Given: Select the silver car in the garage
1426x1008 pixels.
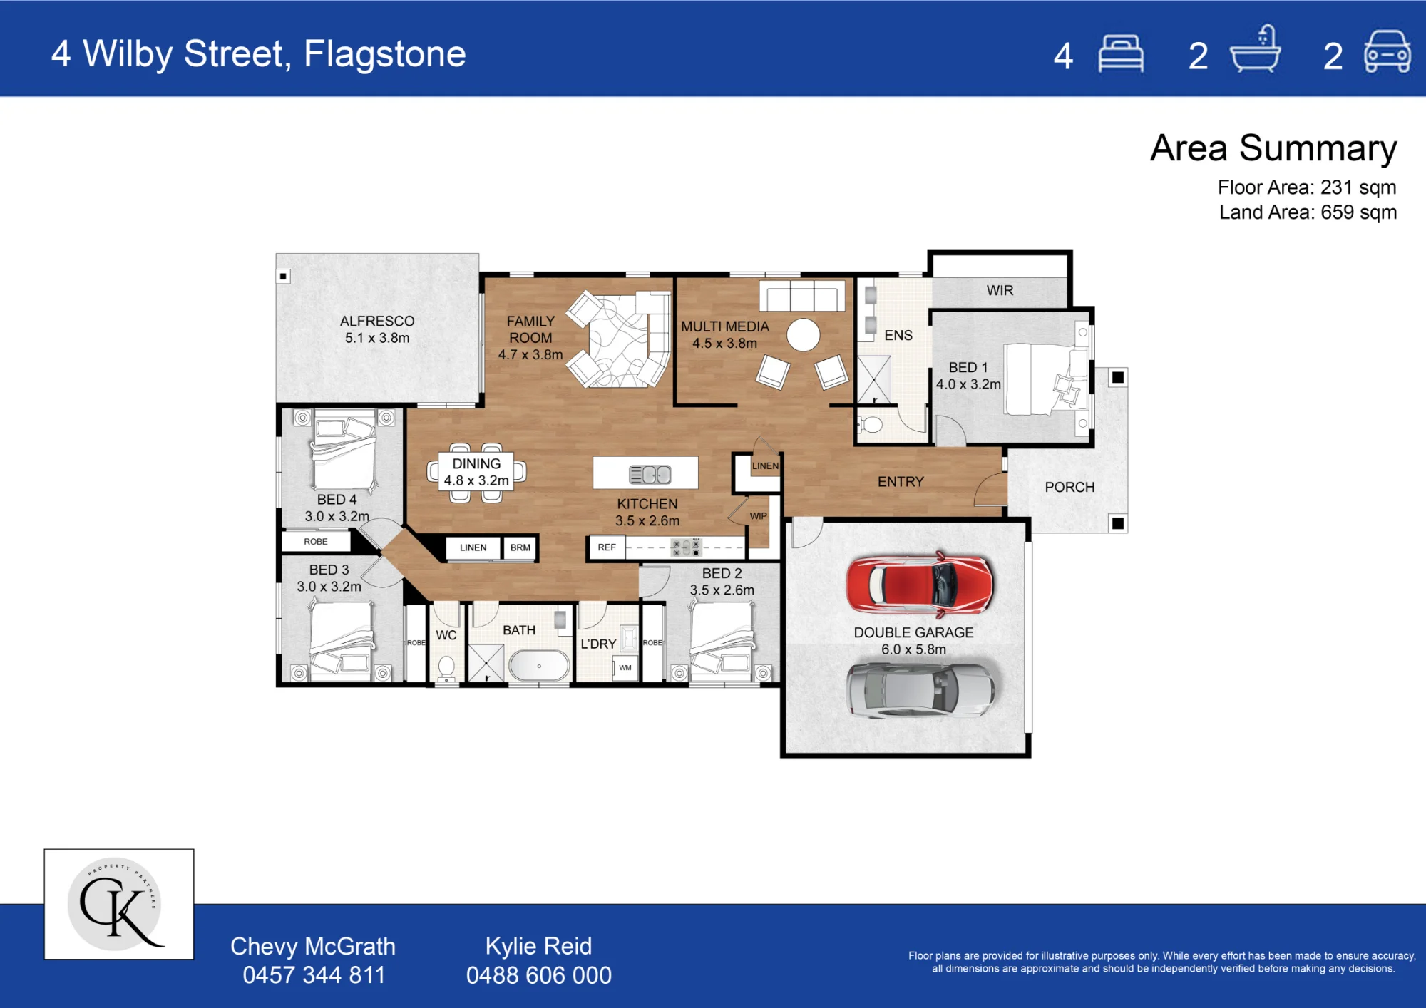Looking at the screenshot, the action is pos(920,689).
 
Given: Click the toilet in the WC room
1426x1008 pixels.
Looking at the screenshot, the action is pos(446,669).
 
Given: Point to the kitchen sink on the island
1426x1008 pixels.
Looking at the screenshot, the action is pos(650,474).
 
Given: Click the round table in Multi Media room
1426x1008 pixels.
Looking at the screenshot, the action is pos(804,334).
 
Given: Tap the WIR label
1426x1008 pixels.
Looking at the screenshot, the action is pos(1000,290).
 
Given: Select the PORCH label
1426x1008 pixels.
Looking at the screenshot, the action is pos(1069,487).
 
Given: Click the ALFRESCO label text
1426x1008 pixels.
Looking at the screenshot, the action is pos(377,321).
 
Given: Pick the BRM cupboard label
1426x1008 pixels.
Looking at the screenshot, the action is pos(520,547).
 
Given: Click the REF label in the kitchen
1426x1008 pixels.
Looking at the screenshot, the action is pos(607,547).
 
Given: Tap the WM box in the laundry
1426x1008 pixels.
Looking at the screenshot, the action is pos(625,668).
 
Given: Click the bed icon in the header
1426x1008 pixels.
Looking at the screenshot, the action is pos(1121,53).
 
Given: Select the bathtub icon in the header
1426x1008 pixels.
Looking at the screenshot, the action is pos(1256,49).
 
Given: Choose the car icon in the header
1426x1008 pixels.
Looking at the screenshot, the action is pos(1387,51).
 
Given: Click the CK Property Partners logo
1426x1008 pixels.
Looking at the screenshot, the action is pos(119,904).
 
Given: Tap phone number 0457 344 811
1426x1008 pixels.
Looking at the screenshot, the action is pos(314,974).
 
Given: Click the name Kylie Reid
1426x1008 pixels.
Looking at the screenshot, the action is pos(538,946).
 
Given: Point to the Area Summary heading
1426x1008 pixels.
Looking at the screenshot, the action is pos(1273,148).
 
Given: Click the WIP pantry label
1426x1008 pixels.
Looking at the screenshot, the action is pos(758,516).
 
